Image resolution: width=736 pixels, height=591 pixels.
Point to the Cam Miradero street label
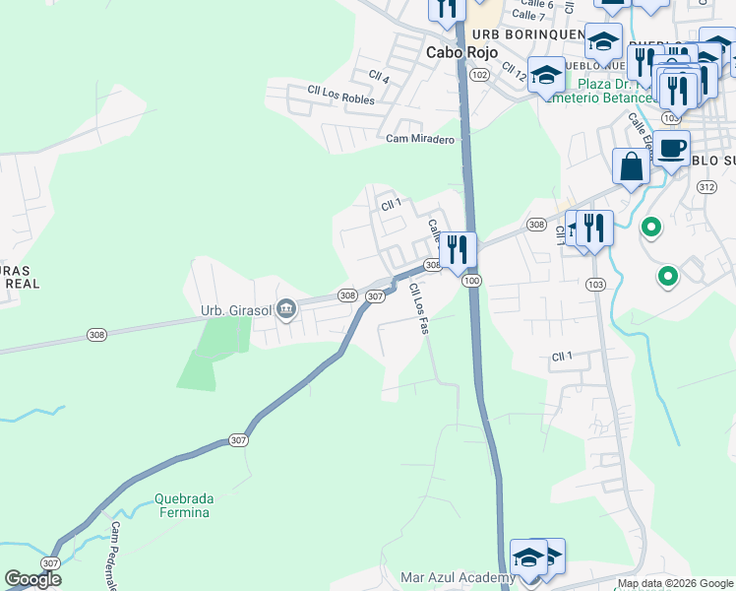[x=420, y=140]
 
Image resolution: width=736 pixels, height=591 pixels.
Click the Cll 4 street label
[x=379, y=77]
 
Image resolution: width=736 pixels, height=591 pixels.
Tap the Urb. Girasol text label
[x=236, y=310]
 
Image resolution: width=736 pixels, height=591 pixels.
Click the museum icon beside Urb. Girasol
[x=286, y=310]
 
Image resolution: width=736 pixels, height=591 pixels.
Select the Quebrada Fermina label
[x=182, y=505]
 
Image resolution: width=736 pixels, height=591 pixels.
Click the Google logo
[x=33, y=579]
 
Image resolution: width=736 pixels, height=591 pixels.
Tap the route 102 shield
[x=479, y=75]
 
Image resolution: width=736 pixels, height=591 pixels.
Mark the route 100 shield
[x=472, y=282]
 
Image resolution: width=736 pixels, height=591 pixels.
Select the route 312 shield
[x=705, y=186]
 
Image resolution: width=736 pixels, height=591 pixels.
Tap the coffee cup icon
[x=672, y=148]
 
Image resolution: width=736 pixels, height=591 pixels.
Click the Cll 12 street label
[x=515, y=72]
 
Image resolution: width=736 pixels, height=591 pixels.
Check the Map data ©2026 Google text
[x=676, y=583]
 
